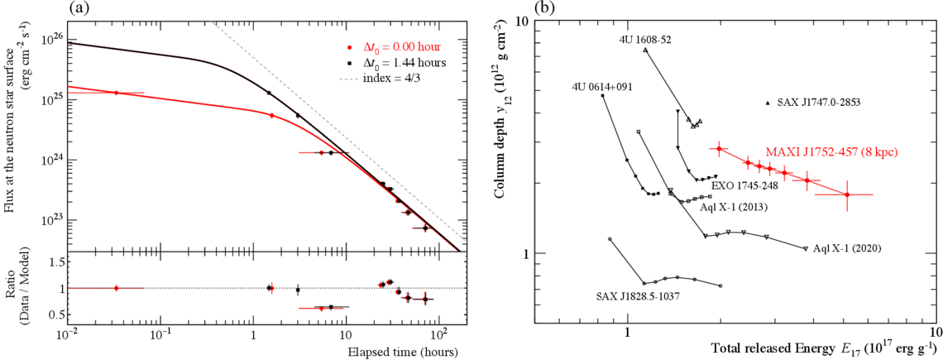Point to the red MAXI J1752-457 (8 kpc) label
click(x=831, y=152)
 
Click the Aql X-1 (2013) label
click(x=731, y=207)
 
